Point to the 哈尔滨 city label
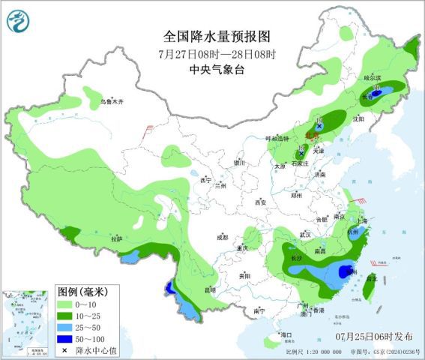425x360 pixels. (372, 78)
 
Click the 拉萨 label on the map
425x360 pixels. (115, 238)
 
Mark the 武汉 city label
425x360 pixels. (305, 234)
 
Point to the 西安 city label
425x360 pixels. (260, 203)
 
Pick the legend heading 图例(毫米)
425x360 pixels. (82, 291)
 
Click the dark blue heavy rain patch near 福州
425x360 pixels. (346, 271)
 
